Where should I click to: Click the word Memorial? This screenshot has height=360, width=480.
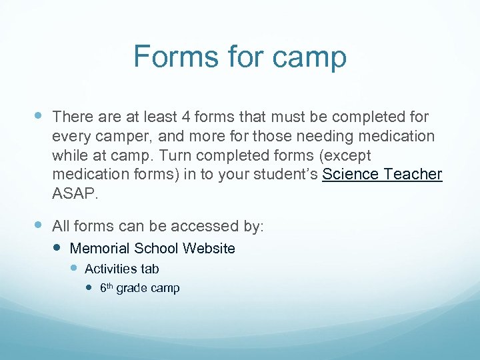coord(99,249)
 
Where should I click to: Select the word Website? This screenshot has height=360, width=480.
coord(208,249)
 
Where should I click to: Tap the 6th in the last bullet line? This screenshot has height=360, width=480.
coord(107,288)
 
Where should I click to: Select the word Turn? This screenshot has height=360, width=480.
coord(179,156)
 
